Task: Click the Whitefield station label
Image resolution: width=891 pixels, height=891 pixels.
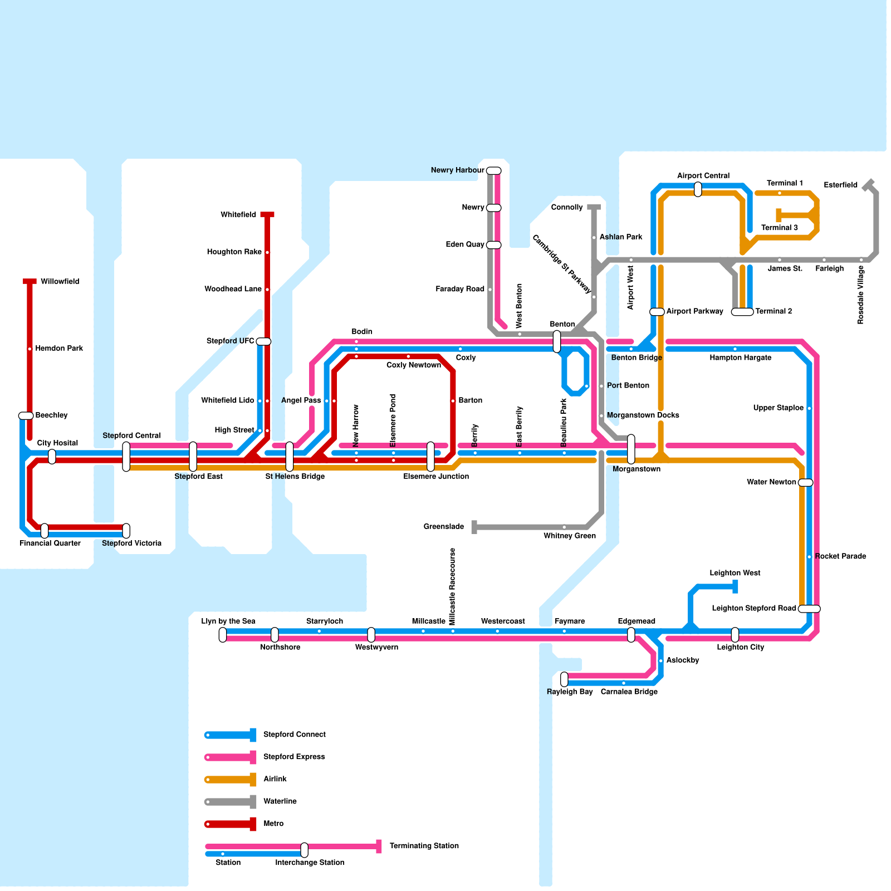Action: click(238, 215)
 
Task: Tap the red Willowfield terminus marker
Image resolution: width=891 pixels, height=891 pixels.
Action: click(30, 281)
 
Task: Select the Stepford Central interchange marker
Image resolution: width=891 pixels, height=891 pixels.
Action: click(126, 457)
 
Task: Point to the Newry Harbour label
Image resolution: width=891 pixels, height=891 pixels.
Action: click(457, 170)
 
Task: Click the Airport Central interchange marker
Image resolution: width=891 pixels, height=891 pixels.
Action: click(698, 189)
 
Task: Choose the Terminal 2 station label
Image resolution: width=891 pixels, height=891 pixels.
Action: click(773, 311)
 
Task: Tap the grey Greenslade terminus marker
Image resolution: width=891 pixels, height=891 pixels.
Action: click(474, 527)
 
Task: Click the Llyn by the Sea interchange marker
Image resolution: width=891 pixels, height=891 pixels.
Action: click(223, 634)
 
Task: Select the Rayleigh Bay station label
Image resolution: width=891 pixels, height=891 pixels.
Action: click(570, 692)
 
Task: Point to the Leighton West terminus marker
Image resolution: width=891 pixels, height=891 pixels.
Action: click(735, 586)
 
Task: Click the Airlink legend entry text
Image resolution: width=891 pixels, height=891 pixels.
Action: click(275, 779)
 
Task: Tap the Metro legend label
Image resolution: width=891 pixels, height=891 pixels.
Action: click(273, 824)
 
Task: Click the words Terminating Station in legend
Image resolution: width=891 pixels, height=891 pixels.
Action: click(424, 846)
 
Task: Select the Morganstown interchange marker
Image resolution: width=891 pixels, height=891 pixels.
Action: click(631, 449)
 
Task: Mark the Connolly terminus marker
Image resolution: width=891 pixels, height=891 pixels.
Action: click(594, 207)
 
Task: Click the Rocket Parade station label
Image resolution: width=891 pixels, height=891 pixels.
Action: click(840, 556)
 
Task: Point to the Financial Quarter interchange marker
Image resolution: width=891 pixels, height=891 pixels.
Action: click(45, 531)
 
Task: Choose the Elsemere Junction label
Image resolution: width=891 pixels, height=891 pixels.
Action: click(436, 477)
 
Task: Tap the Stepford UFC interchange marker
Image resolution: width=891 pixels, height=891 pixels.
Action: click(263, 341)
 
